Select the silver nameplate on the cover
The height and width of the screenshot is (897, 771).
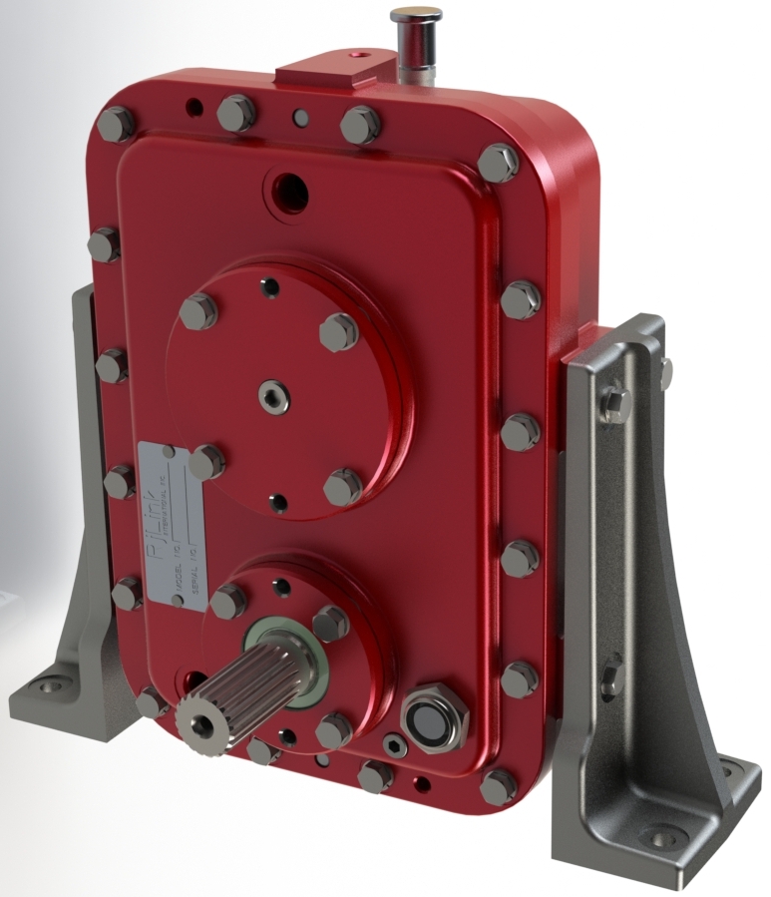click(x=171, y=523)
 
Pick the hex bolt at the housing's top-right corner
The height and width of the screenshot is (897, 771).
click(x=498, y=163)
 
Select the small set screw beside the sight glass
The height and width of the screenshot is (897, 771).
click(x=394, y=746)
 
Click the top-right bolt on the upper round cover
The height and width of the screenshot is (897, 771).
click(x=340, y=331)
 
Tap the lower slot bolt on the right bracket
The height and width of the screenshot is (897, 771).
click(x=612, y=673)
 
